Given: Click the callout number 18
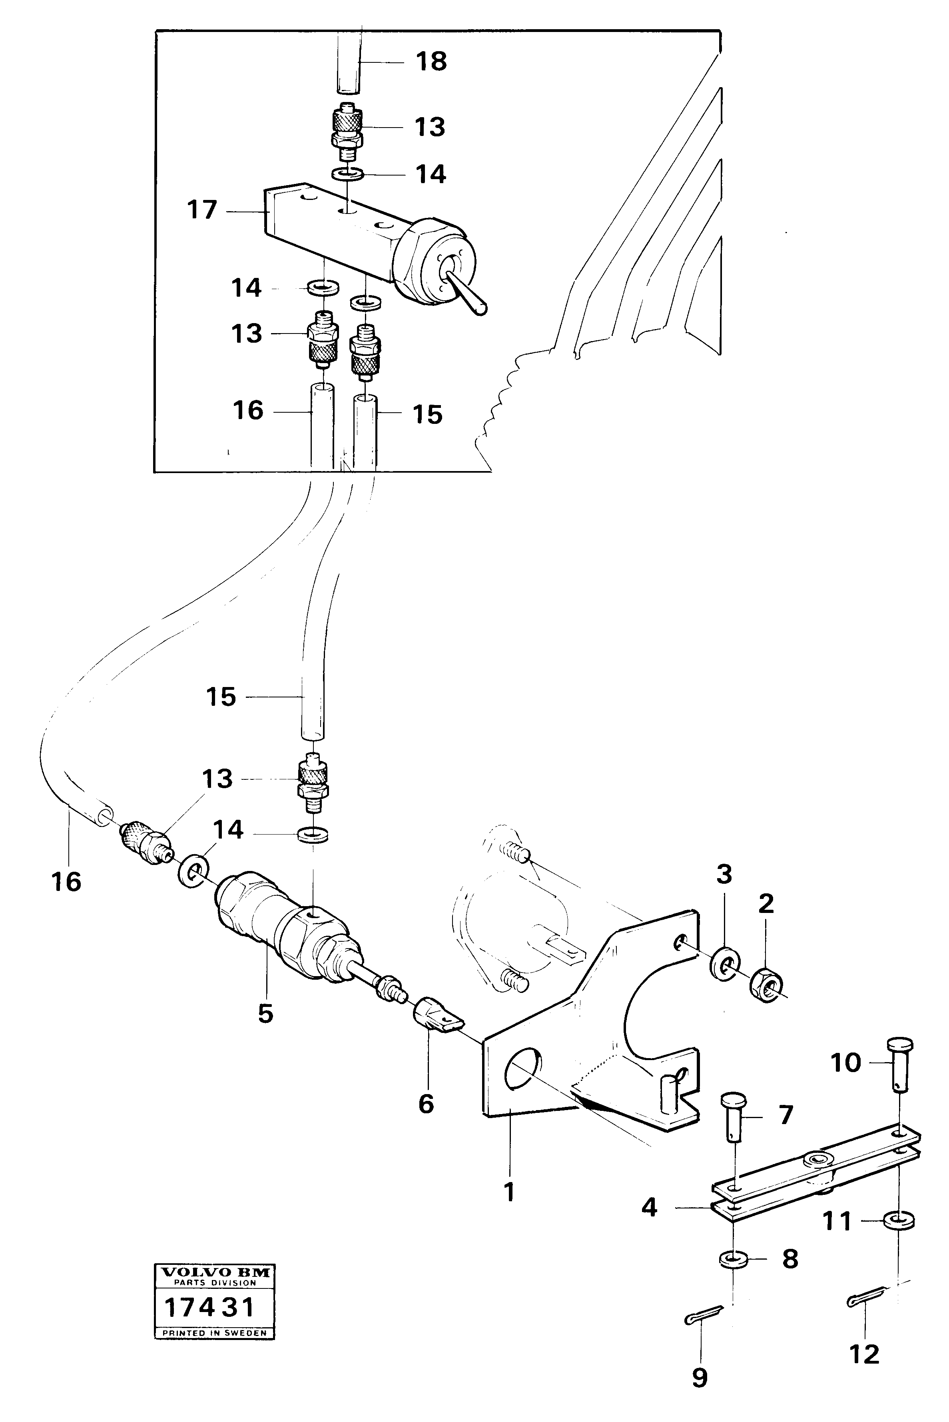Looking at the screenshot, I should tap(431, 62).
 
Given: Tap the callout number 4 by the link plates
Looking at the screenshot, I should tap(648, 1208).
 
